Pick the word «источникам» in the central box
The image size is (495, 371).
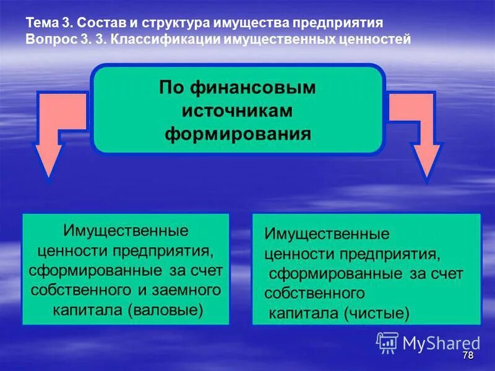pos(237,111)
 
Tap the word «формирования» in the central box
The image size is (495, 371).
pos(237,134)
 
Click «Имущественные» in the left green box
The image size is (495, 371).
pos(126,231)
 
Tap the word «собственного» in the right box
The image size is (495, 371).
pos(314,294)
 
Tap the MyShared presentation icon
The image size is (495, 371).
pos(387,342)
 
